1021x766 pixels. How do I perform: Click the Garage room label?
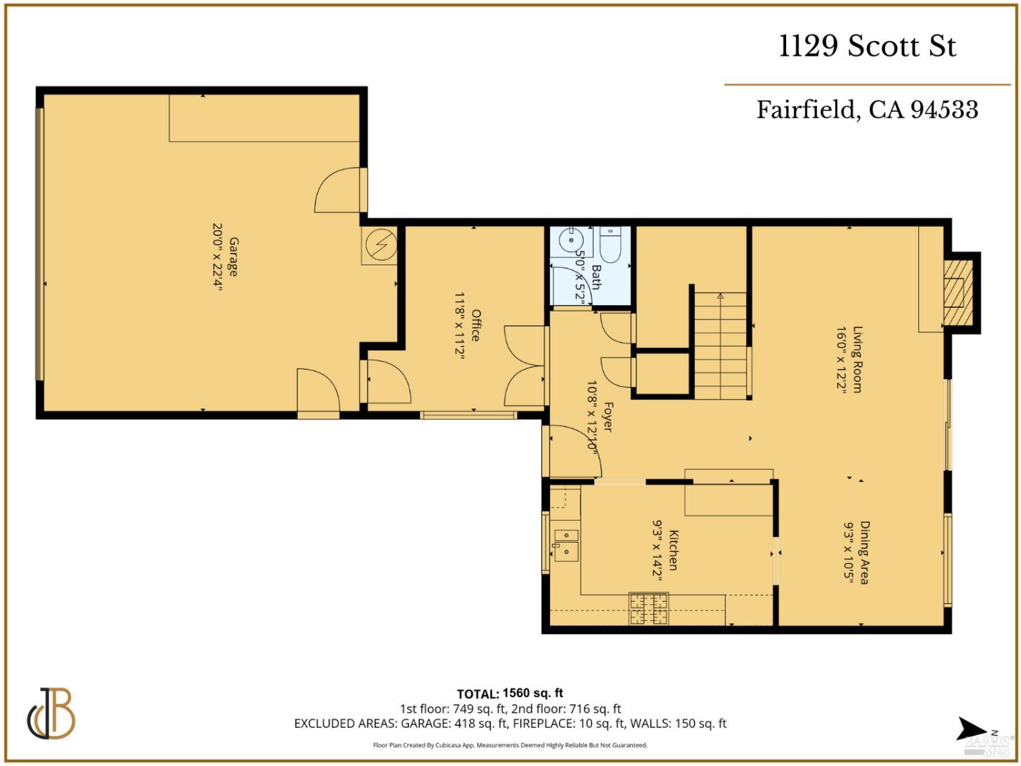click(x=233, y=257)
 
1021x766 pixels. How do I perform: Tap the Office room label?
click(x=476, y=325)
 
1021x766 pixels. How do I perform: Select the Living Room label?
click(x=857, y=360)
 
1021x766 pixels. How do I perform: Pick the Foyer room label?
click(x=608, y=417)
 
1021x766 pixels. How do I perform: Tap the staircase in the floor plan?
click(x=720, y=345)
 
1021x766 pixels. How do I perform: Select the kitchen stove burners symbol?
click(x=649, y=609)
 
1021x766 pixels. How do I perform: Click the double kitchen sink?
click(x=566, y=544)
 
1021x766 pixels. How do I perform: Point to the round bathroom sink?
click(x=568, y=240)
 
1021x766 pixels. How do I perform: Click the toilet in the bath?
click(x=610, y=244)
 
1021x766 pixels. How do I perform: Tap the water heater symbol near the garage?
click(x=378, y=245)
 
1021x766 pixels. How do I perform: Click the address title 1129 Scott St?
click(x=867, y=46)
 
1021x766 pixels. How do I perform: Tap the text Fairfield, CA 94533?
click(x=867, y=110)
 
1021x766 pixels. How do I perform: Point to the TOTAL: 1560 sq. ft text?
click(x=510, y=693)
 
